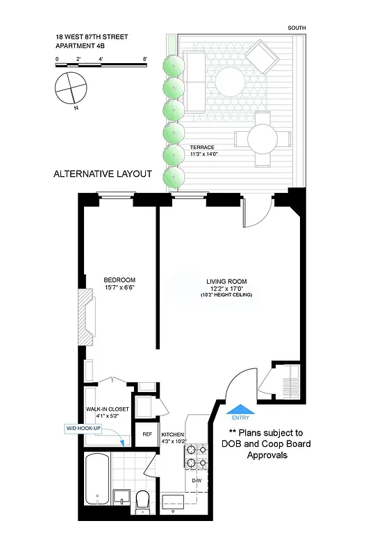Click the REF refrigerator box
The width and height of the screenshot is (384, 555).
click(147, 434)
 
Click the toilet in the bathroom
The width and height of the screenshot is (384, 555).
click(144, 499)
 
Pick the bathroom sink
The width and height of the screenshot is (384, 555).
click(122, 497)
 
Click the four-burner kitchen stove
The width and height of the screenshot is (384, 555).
click(194, 455)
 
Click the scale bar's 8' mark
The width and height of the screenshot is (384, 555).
click(145, 60)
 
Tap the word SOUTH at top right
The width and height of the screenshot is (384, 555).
click(297, 28)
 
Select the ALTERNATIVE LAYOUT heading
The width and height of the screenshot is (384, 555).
click(102, 174)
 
